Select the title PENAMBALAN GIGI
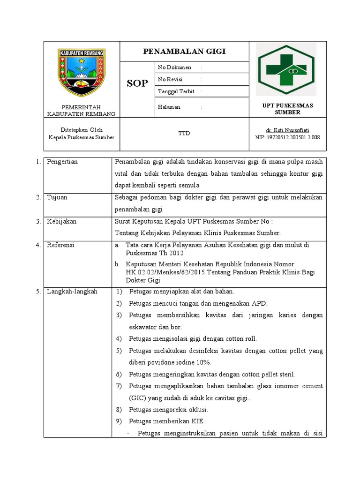click(184, 51)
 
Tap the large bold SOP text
click(137, 84)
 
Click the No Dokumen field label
click(175, 67)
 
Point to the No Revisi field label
click(172, 79)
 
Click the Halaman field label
click(169, 107)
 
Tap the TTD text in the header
click(184, 134)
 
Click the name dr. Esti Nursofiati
click(287, 130)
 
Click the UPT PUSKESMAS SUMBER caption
click(287, 109)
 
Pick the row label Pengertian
click(62, 162)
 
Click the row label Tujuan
click(57, 197)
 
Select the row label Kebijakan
click(61, 221)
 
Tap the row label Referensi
click(61, 245)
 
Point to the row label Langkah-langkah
click(72, 292)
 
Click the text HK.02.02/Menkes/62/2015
click(158, 272)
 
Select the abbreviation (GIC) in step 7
click(137, 397)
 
